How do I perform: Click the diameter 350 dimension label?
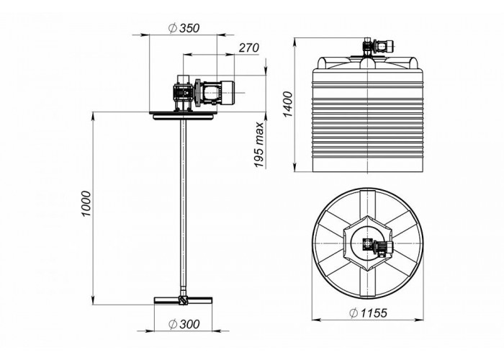coord(184,28)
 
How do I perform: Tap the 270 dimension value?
coord(249,48)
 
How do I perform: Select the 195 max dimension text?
coord(258,145)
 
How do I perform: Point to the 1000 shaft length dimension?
coord(86,204)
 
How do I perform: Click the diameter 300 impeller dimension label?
coord(184,324)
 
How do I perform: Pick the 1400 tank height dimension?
coord(288,104)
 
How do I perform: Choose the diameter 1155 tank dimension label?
coord(369,312)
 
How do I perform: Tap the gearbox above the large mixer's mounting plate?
coord(183,93)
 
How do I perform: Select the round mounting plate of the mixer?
coord(183,115)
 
